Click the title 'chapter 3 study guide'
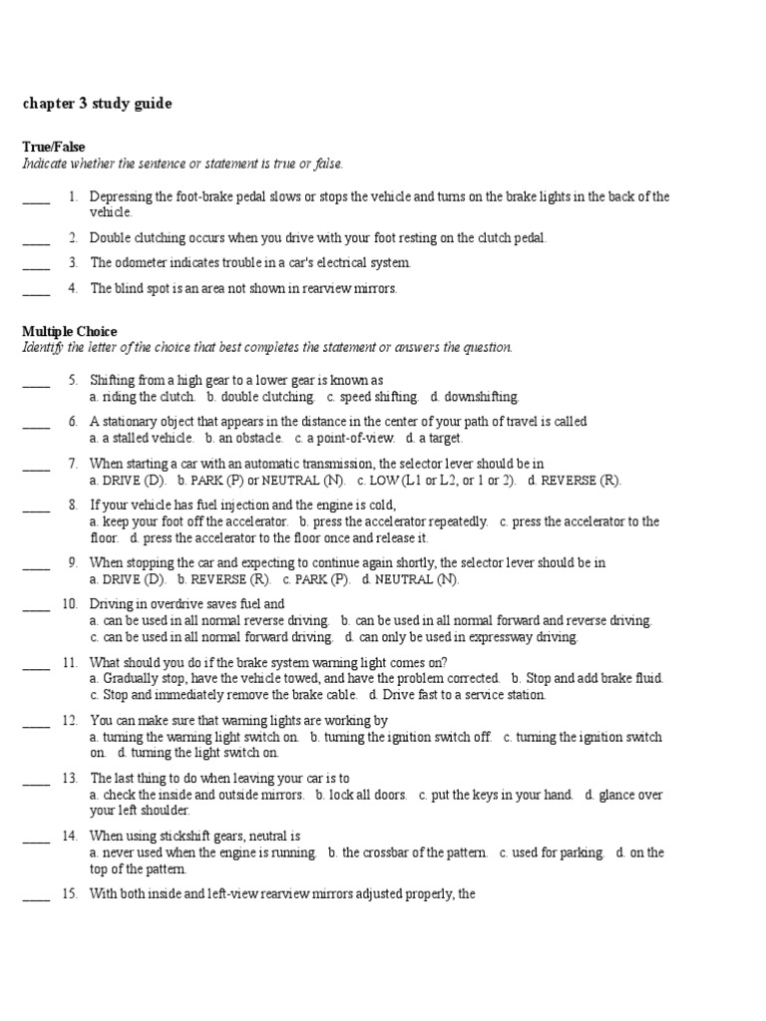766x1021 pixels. (97, 103)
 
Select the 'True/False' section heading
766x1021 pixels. (54, 147)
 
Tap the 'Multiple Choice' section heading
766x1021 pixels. (69, 331)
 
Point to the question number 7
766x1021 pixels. (73, 464)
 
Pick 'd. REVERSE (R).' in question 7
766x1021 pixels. (574, 480)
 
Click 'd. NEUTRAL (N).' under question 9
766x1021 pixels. (410, 579)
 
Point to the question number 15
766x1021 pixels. (70, 894)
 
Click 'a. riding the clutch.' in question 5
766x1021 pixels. (143, 397)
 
